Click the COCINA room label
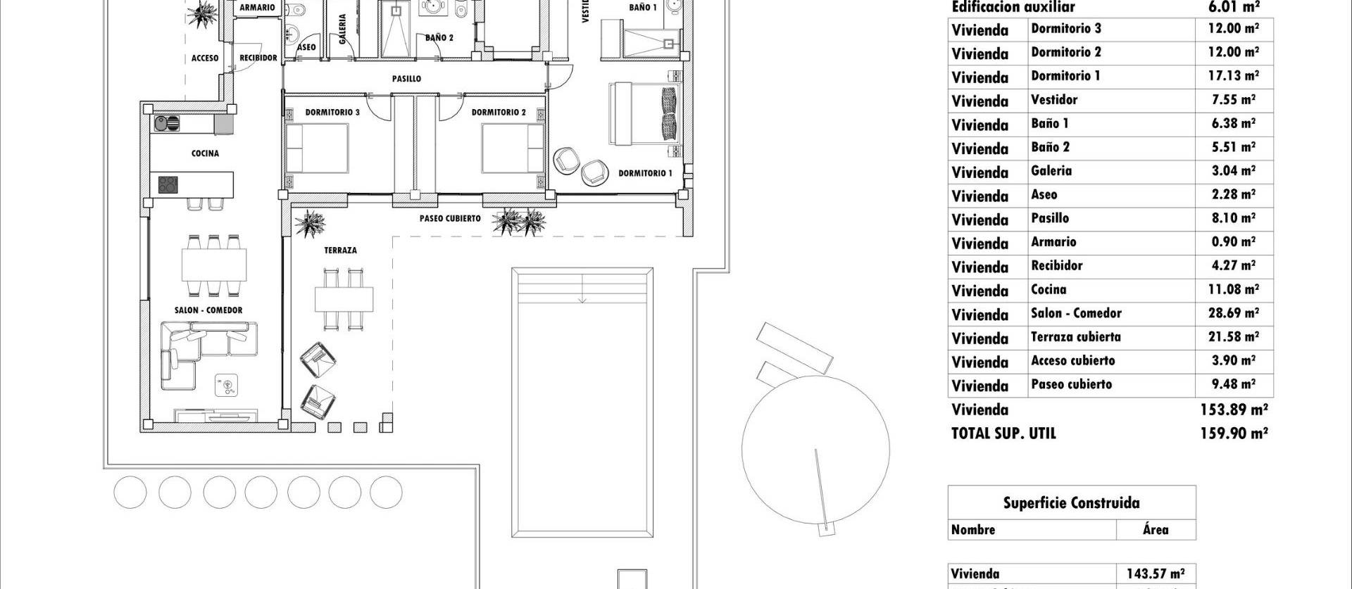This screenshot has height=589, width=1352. click(205, 153)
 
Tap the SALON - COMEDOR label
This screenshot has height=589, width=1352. click(208, 310)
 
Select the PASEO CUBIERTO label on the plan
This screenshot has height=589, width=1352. click(450, 219)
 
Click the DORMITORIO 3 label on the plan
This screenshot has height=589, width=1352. click(332, 113)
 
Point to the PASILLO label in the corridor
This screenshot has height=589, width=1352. click(406, 79)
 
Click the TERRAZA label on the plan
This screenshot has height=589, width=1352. click(340, 251)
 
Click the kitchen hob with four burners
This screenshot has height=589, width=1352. click(168, 185)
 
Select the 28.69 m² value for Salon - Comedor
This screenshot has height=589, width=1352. click(1235, 313)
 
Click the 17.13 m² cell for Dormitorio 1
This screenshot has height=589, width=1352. click(1235, 75)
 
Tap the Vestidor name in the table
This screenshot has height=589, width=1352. click(1054, 100)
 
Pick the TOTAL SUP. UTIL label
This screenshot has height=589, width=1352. click(1003, 434)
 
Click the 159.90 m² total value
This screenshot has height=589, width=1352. click(1234, 434)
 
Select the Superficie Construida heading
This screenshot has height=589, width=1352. click(1071, 503)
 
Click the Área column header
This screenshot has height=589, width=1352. click(1155, 530)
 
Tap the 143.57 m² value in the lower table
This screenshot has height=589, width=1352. click(1156, 574)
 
